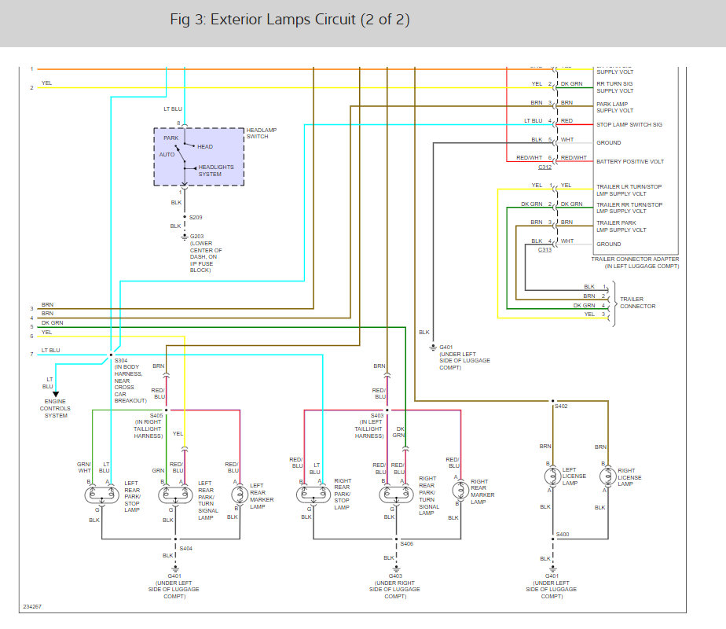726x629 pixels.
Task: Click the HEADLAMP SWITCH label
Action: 262,133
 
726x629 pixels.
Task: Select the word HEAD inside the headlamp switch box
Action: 204,147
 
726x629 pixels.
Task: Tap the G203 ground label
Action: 196,236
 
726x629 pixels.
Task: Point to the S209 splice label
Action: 196,216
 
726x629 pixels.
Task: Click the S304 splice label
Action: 122,361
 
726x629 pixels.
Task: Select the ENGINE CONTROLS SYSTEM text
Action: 56,409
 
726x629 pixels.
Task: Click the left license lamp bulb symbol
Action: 552,476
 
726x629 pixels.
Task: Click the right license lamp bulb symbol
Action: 607,476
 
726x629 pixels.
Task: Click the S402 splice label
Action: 561,406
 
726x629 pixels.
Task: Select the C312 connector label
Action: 545,167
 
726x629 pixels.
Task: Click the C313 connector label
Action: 545,249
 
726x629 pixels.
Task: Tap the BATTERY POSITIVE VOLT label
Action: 630,161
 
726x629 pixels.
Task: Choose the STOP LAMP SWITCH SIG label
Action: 629,124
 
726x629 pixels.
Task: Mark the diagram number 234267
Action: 32,606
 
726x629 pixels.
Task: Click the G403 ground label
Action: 395,576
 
